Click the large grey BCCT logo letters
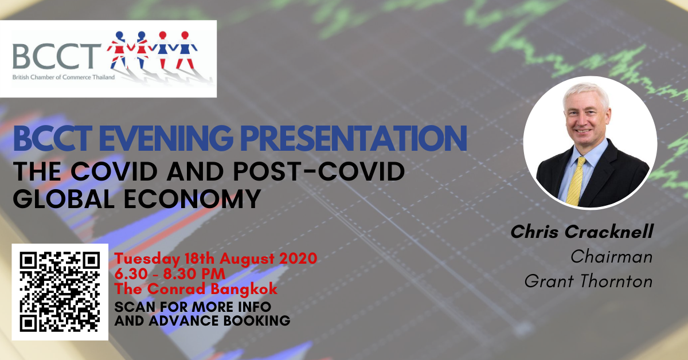click(x=57, y=56)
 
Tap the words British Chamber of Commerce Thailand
click(x=64, y=77)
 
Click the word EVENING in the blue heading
click(x=166, y=138)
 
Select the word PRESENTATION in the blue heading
click(x=354, y=138)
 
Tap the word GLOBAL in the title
click(x=64, y=199)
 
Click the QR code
click(x=60, y=292)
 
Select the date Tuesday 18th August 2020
click(x=216, y=259)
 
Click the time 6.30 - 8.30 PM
click(x=170, y=273)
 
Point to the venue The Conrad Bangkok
click(x=196, y=289)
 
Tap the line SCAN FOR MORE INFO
click(x=193, y=307)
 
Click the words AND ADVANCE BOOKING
click(x=202, y=320)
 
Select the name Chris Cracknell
click(x=582, y=232)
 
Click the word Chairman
click(x=612, y=256)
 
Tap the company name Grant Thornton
click(x=588, y=281)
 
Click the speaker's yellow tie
click(x=576, y=181)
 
